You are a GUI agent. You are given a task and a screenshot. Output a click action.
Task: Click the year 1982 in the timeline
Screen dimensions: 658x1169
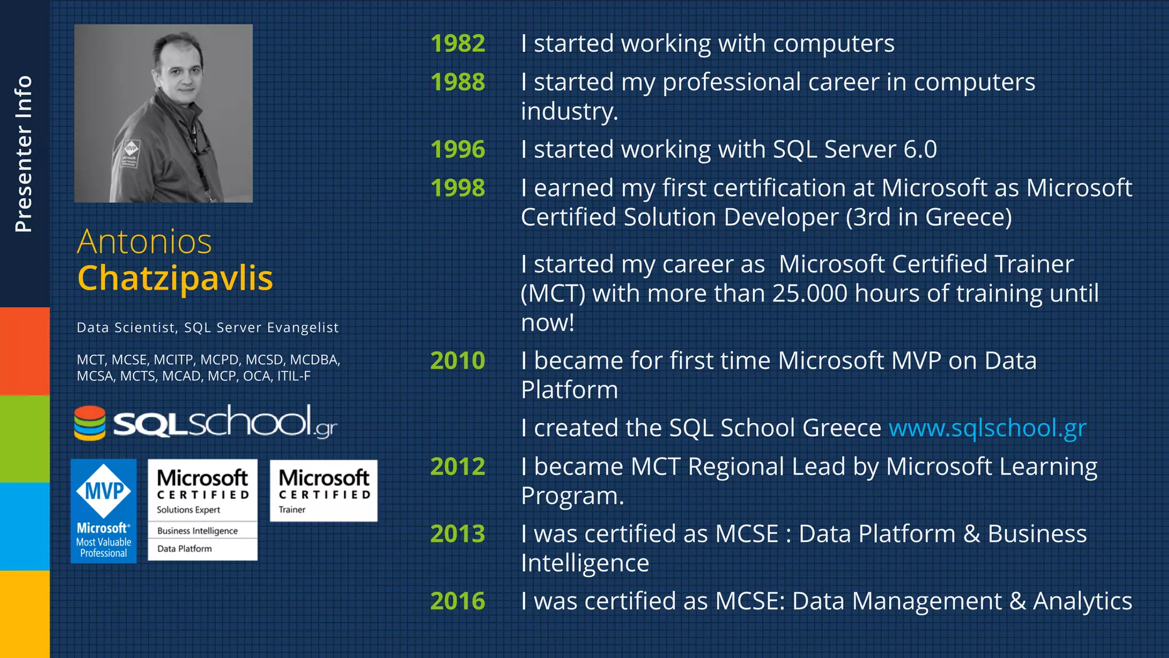tap(458, 44)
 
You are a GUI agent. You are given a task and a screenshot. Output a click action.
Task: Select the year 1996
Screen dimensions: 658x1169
tap(458, 150)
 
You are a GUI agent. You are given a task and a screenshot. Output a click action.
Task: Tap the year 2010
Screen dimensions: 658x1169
tap(458, 361)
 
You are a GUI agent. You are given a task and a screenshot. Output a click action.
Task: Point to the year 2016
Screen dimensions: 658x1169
tap(458, 601)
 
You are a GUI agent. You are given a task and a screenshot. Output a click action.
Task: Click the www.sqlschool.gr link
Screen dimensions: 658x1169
tap(987, 428)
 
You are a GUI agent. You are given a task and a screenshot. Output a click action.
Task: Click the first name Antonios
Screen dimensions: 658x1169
tap(144, 242)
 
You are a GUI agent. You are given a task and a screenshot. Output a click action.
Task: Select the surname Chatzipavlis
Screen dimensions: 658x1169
tap(175, 278)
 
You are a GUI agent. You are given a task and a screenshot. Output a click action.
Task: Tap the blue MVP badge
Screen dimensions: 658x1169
tap(104, 511)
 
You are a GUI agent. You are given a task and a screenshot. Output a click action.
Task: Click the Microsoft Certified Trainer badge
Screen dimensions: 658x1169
tap(324, 491)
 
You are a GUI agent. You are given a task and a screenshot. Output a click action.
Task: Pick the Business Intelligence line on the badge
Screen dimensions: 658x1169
tap(197, 531)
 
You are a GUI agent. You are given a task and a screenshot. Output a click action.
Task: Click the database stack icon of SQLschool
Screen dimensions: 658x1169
tap(90, 423)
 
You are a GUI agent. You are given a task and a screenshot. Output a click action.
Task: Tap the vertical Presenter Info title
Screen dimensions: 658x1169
tap(23, 154)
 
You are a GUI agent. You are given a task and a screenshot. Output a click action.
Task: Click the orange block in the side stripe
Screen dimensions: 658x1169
tap(25, 351)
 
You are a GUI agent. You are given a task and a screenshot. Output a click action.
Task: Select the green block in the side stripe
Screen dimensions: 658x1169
tap(25, 439)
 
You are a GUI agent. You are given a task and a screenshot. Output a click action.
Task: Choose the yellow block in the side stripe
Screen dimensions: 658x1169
tap(25, 614)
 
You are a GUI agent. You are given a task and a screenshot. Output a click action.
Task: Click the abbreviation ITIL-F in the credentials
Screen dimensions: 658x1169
tap(293, 376)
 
